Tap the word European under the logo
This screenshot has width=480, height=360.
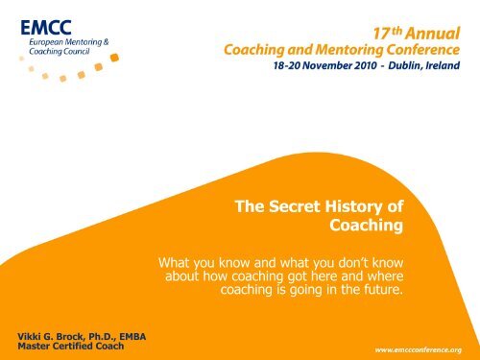coord(49,43)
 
